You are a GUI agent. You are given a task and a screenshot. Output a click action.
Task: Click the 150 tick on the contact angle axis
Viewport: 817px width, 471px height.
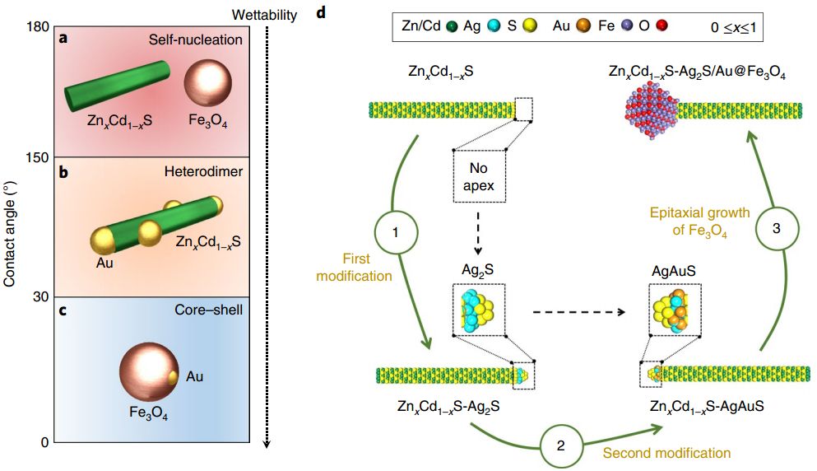[x=38, y=157]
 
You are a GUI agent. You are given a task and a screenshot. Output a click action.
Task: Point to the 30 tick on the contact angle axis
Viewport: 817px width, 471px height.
[x=40, y=296]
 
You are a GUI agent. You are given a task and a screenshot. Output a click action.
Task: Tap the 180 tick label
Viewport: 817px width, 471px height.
[x=38, y=26]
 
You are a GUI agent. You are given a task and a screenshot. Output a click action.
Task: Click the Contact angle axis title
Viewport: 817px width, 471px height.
[x=9, y=234]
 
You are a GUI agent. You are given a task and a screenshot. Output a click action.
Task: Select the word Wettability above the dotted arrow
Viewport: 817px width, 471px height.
[x=264, y=15]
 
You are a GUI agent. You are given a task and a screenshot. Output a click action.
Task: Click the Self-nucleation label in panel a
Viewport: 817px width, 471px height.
[x=195, y=40]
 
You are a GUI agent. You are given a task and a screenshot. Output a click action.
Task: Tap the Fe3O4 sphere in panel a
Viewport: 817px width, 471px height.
[x=208, y=83]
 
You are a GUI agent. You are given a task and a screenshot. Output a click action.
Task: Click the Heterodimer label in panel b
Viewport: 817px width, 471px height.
[x=203, y=171]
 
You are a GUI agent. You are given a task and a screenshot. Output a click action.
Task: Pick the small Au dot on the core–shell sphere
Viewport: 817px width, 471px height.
[x=174, y=377]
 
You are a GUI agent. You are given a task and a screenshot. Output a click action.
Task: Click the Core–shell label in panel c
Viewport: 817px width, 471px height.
[x=208, y=310]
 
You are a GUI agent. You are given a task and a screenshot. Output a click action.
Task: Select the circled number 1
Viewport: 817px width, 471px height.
[x=396, y=232]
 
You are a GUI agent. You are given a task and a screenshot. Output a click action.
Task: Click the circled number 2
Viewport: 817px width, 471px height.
[x=560, y=445]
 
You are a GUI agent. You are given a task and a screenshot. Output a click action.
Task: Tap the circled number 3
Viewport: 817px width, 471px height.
[x=777, y=228]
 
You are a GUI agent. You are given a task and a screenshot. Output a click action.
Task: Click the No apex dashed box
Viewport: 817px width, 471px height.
[x=480, y=175]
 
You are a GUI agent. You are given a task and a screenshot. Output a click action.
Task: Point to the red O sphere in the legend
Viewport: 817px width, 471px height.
[x=661, y=26]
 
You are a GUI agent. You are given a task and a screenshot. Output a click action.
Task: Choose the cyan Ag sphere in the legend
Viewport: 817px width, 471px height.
[x=494, y=26]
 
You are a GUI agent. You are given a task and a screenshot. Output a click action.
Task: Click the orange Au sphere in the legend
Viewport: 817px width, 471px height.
[x=583, y=26]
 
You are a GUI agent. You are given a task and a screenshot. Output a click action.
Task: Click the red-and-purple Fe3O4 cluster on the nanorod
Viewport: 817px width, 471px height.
[x=652, y=110]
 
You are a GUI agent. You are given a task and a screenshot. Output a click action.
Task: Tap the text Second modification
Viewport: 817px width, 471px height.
[x=666, y=453]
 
